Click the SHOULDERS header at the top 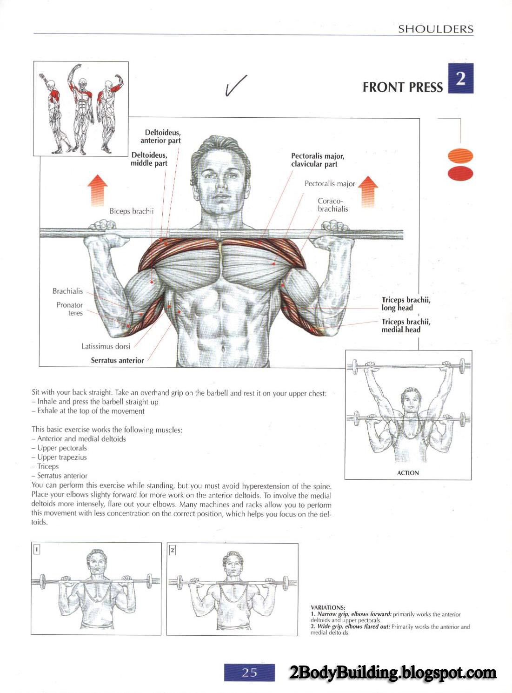[x=436, y=29]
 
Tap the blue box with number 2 [x=460, y=79]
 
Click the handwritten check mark [x=235, y=85]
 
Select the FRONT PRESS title [x=402, y=87]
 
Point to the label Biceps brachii [x=132, y=211]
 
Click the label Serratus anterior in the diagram [x=117, y=361]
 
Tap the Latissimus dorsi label [x=106, y=346]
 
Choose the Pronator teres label [x=70, y=309]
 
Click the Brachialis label [x=68, y=291]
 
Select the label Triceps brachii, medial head [x=406, y=326]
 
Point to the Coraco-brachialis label [x=333, y=205]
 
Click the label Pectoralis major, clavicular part [x=318, y=160]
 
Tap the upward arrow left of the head [x=97, y=190]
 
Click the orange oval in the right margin [x=460, y=156]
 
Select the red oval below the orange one [x=460, y=174]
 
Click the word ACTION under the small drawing [x=408, y=473]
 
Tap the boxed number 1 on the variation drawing [x=37, y=550]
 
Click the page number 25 [x=249, y=672]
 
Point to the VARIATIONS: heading [x=328, y=608]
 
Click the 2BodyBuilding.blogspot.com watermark [x=393, y=673]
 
